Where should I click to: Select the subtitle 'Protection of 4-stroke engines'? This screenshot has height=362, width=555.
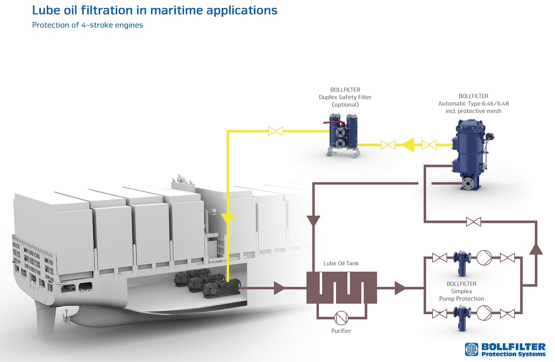point(88,25)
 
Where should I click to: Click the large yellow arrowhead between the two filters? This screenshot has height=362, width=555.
point(404,145)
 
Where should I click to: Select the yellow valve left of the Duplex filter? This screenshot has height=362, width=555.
point(276,131)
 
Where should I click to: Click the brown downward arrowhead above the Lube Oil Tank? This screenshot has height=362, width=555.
point(312,221)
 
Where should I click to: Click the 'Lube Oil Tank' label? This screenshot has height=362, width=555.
point(340,264)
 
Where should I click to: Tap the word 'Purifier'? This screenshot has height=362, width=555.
point(341,331)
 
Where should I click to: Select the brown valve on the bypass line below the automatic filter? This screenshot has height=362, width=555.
point(473,221)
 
